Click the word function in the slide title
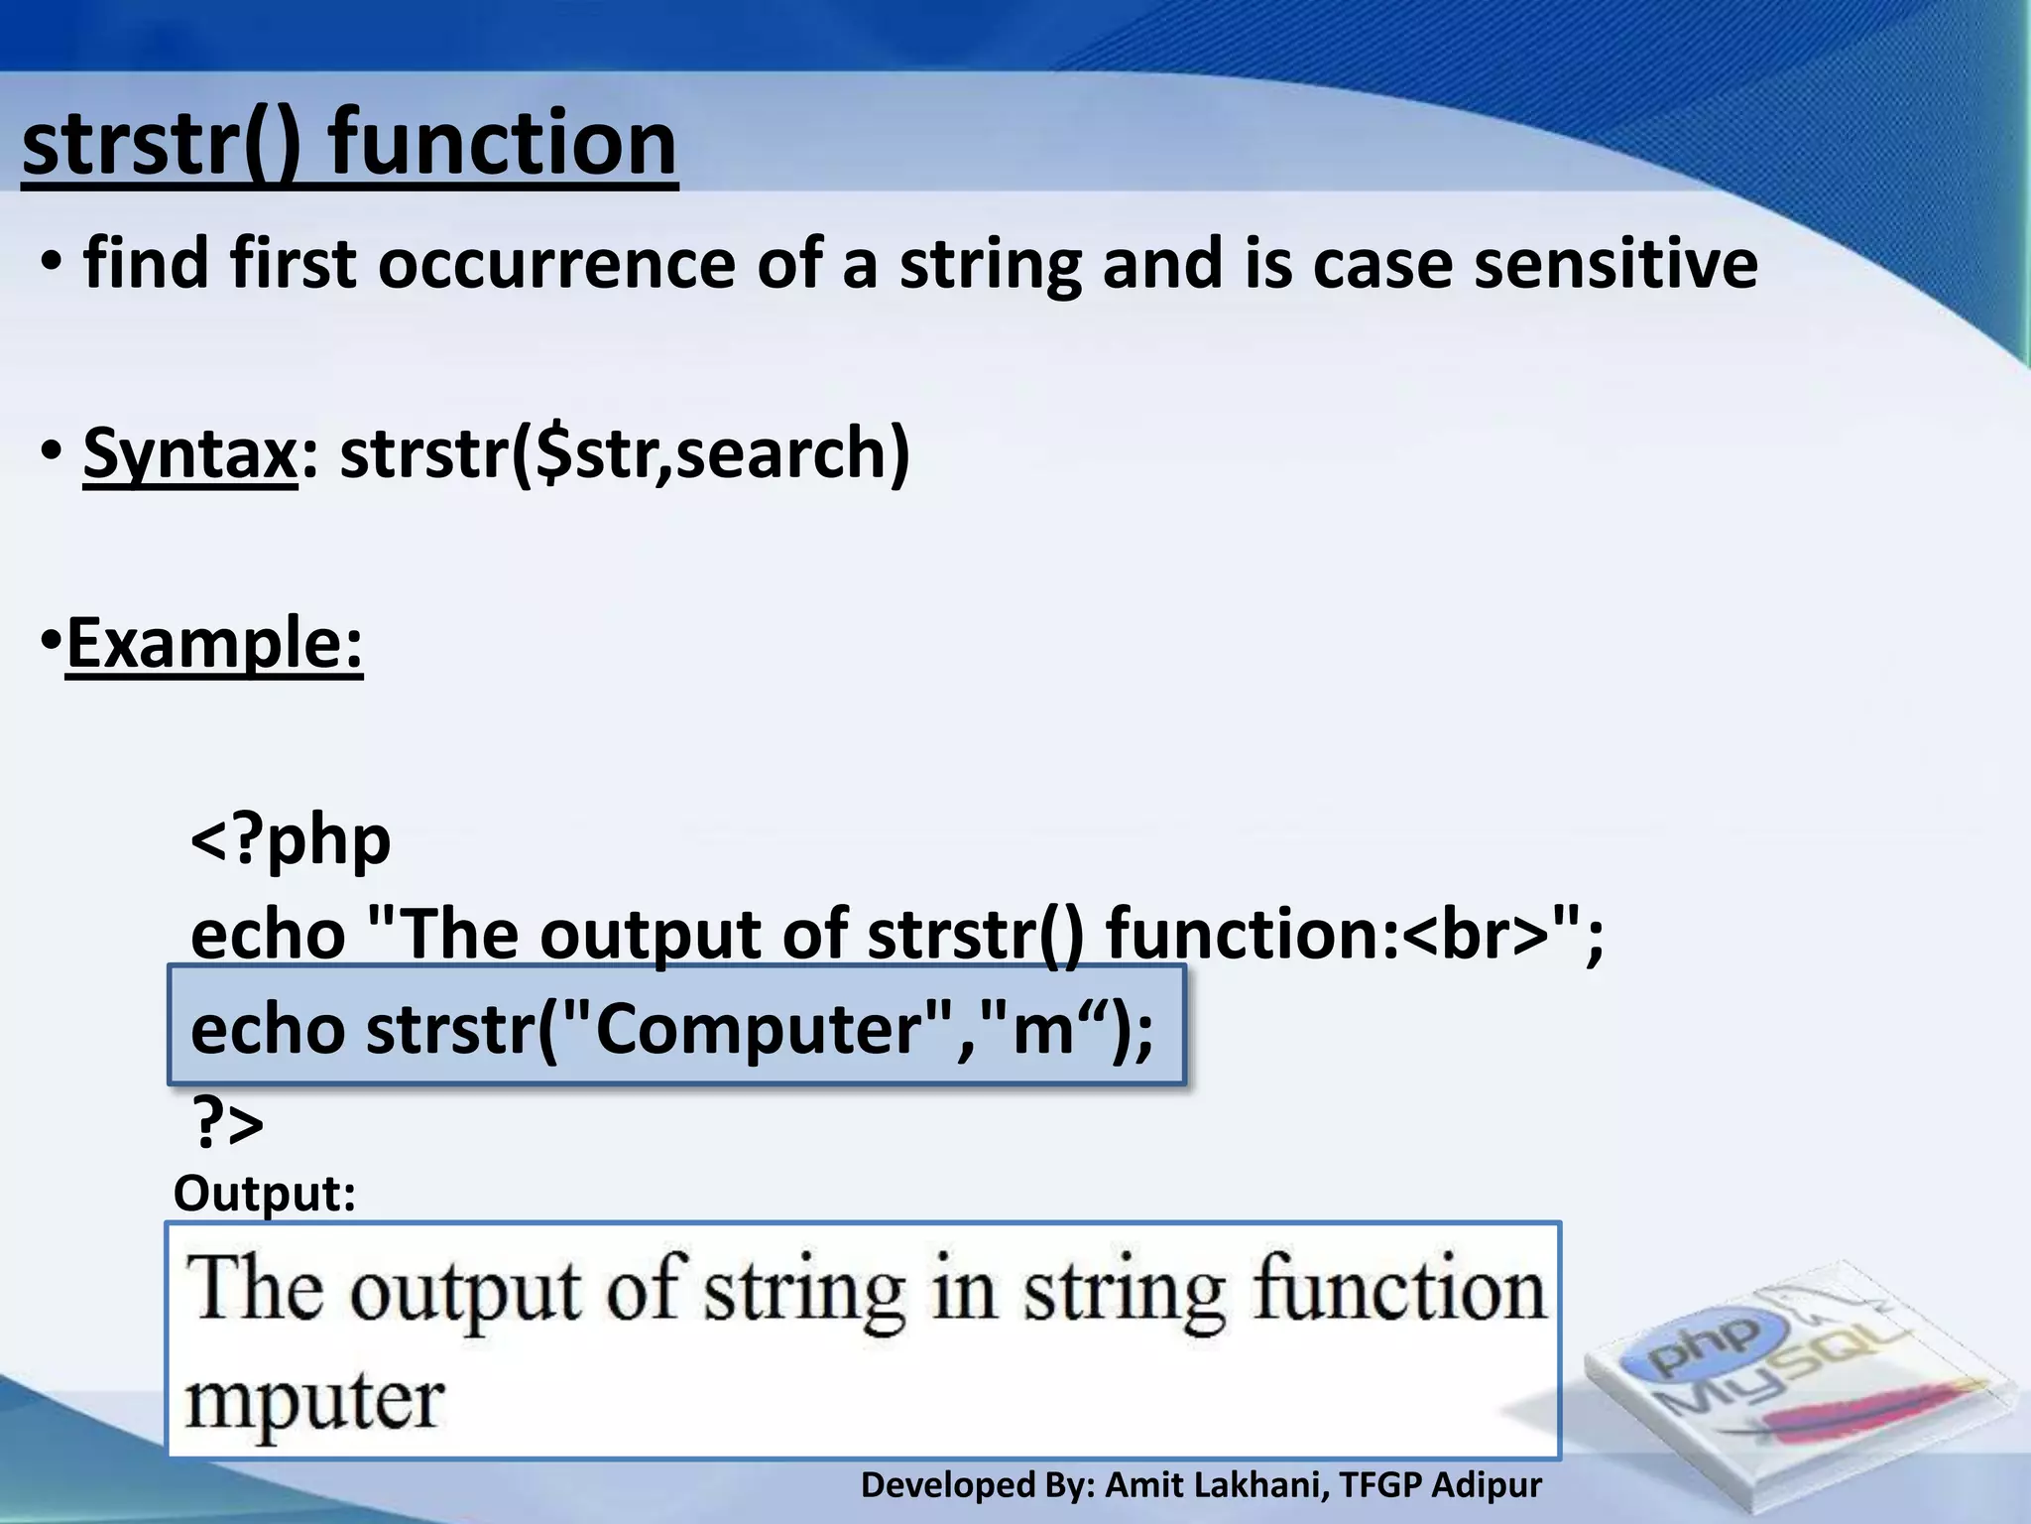502,144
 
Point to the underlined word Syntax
189,453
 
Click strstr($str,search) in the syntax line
625,453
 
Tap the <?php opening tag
291,840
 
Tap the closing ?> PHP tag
227,1123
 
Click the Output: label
264,1194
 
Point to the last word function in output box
1399,1290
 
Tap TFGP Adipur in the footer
1440,1485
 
